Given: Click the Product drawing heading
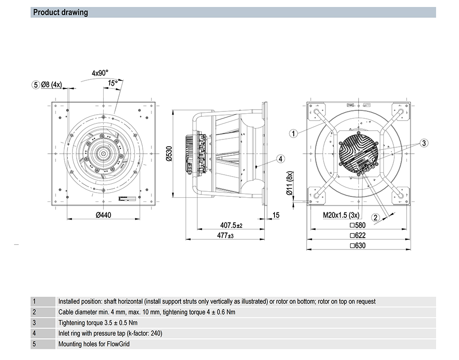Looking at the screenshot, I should [61, 12].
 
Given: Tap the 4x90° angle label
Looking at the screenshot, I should [100, 73].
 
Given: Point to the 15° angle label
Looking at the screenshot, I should [112, 83].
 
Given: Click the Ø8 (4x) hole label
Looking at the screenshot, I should [51, 84].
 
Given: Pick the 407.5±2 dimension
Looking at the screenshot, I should [231, 225].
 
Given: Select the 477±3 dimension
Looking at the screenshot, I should [225, 236].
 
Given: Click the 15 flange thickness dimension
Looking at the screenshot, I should [276, 215].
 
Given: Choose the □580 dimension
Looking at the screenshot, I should [357, 225].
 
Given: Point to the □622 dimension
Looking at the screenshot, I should [357, 235].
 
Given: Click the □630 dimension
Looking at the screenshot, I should [357, 246].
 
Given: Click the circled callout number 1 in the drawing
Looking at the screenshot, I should [294, 133].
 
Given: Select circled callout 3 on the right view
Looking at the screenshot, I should [424, 143].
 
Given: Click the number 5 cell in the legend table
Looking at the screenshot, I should [34, 343].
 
